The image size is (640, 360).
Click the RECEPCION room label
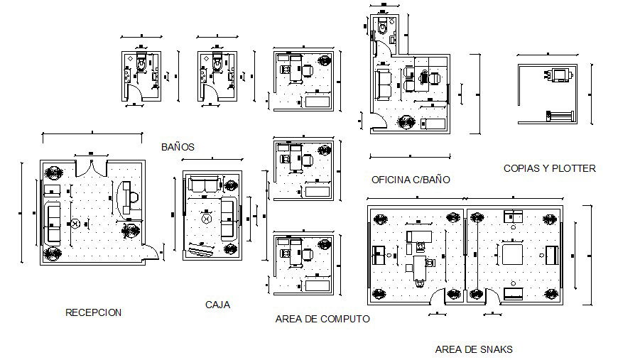pos(93,312)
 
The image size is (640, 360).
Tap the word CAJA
pos(217,305)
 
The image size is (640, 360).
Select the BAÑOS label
pos(178,147)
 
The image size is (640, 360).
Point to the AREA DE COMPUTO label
pos(322,319)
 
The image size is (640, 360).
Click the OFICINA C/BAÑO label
pos(411,180)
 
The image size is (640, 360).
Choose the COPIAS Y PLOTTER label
pos(549,168)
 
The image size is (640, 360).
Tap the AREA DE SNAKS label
pos(473,349)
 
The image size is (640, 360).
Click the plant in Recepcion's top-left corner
pos(53,173)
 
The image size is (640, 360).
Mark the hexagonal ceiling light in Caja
pos(207,219)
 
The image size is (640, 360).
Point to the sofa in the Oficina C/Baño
pos(383,84)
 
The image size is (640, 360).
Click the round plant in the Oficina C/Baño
pos(406,121)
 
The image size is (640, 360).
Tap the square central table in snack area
pos(512,253)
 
